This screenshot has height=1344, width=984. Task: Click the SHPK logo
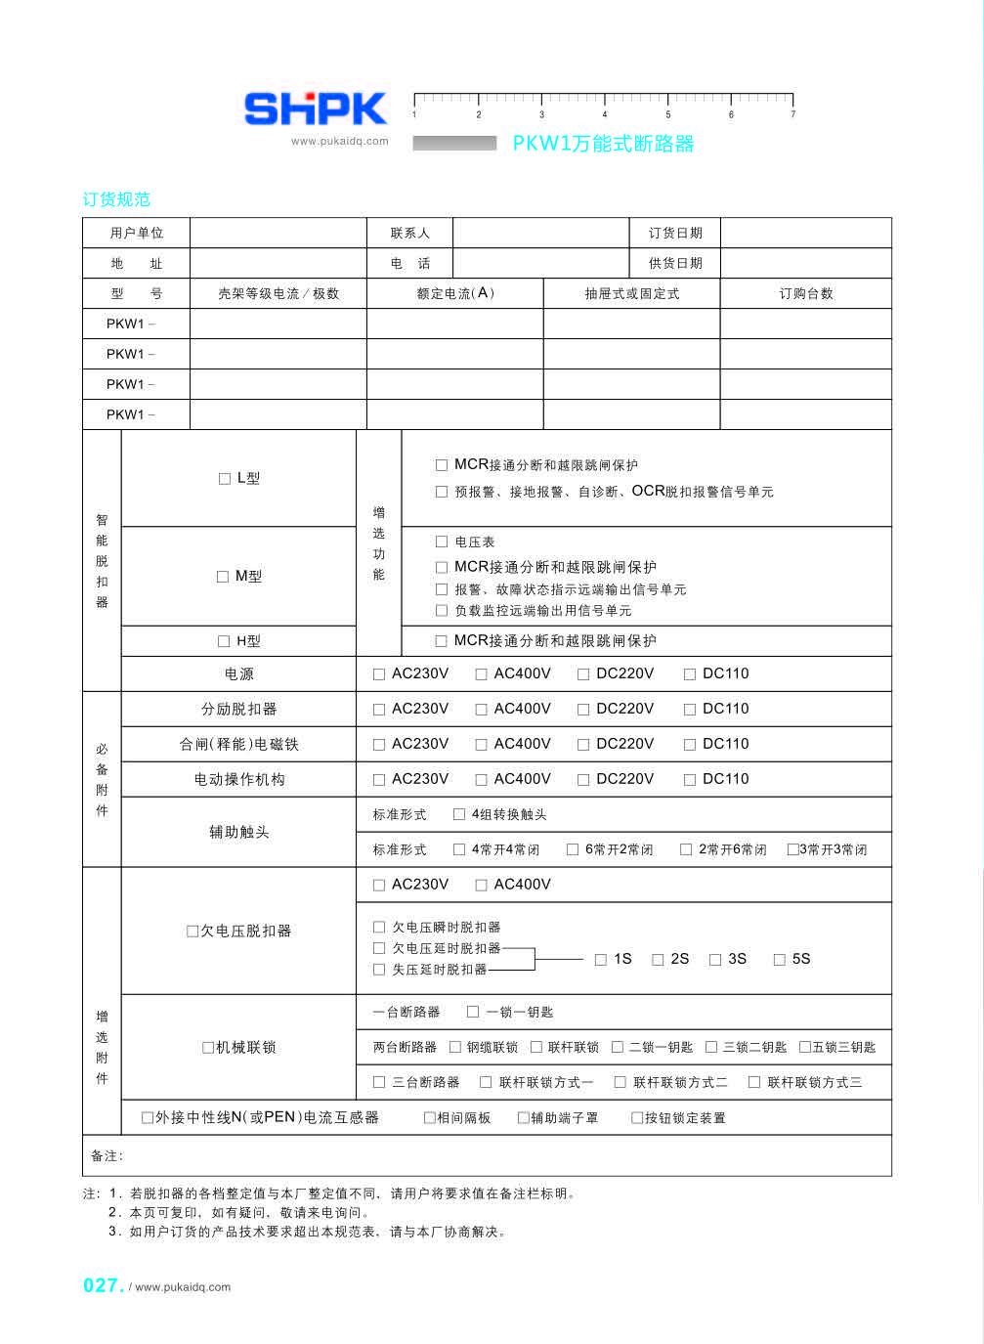pos(315,108)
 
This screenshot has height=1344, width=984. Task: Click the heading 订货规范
pos(116,199)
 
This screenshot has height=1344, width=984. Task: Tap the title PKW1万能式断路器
pos(603,144)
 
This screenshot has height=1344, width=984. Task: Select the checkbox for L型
pos(225,479)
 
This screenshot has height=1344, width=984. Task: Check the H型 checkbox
pos(224,642)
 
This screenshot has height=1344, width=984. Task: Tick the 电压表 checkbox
pos(442,542)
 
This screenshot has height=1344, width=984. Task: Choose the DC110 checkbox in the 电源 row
pos(690,674)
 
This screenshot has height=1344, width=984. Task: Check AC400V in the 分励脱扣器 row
pos(481,710)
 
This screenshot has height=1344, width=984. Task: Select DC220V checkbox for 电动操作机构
pos(583,780)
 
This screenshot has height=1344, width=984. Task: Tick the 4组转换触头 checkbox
pos(459,814)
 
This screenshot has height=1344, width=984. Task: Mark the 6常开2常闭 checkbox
pos(573,849)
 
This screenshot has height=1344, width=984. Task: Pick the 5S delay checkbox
pos(780,960)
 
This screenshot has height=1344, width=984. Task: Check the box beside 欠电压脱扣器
pos(193,932)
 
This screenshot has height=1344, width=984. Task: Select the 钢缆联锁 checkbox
pos(455,1047)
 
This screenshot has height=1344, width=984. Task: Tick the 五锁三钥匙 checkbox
pos(805,1047)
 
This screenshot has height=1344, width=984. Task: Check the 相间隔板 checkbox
pos(429,1118)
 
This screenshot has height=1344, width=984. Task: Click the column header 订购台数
pos(805,293)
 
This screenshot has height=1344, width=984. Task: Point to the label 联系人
pos(409,233)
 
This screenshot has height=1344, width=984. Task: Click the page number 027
pos(102,1285)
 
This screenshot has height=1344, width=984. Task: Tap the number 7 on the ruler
pos(792,114)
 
